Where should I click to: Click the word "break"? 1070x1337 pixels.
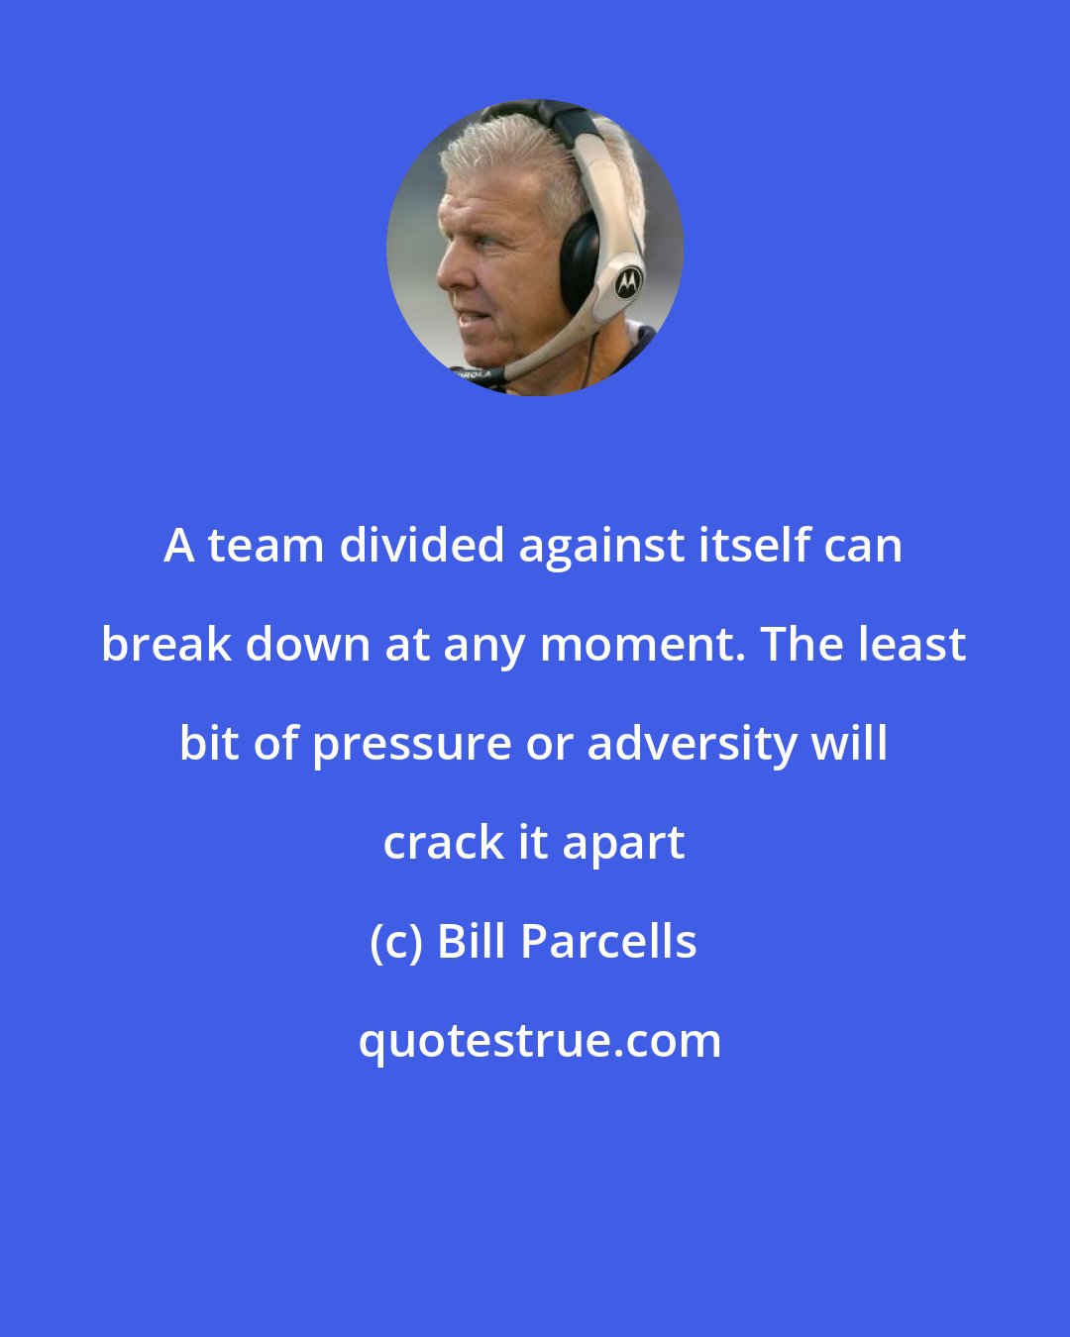[x=165, y=645]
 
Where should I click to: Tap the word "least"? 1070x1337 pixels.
[x=912, y=645]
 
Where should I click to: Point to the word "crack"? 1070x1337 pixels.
[x=443, y=843]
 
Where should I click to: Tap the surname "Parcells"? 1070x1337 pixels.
[x=608, y=942]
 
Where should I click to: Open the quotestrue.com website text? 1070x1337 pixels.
[x=540, y=1041]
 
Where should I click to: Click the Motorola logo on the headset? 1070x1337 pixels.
[x=627, y=283]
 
